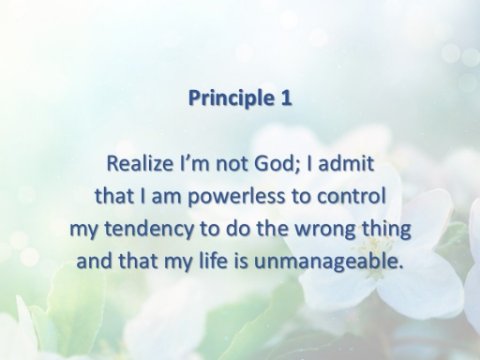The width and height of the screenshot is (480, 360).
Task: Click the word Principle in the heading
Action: click(231, 99)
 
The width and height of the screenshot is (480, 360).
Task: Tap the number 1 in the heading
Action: click(286, 98)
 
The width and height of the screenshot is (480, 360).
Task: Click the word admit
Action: click(346, 163)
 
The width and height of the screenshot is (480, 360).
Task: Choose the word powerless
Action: click(236, 197)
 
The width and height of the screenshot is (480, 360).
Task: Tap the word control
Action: click(351, 196)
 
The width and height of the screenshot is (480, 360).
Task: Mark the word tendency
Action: click(149, 230)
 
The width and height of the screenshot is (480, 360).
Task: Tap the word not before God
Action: click(232, 164)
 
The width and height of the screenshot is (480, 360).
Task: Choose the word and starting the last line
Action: click(95, 261)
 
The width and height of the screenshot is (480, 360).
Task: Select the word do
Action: click(238, 229)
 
